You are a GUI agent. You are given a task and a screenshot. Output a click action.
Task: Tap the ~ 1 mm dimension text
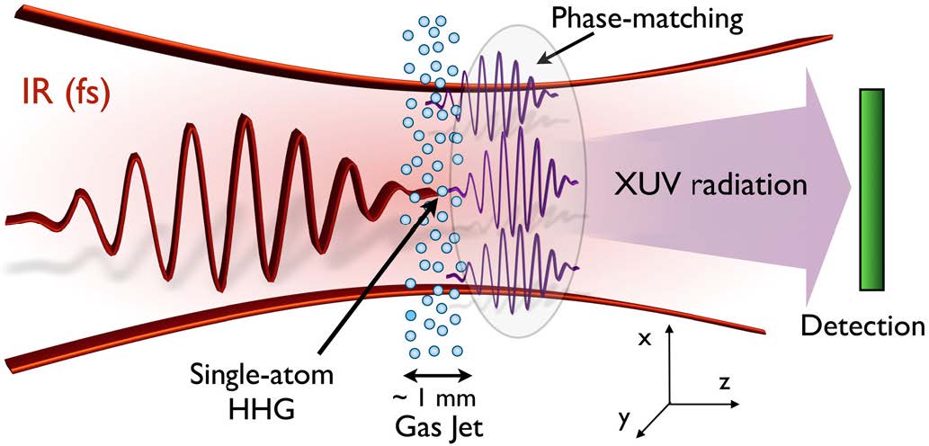435,396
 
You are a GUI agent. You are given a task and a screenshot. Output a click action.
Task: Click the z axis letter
725,382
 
